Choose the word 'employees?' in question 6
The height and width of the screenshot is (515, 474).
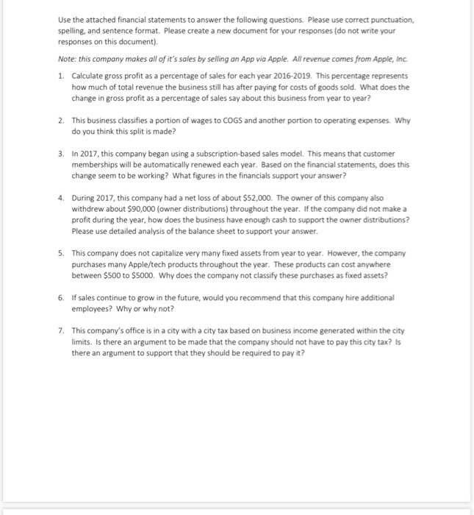[92, 308]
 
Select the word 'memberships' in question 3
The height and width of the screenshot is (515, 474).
[96, 166]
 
